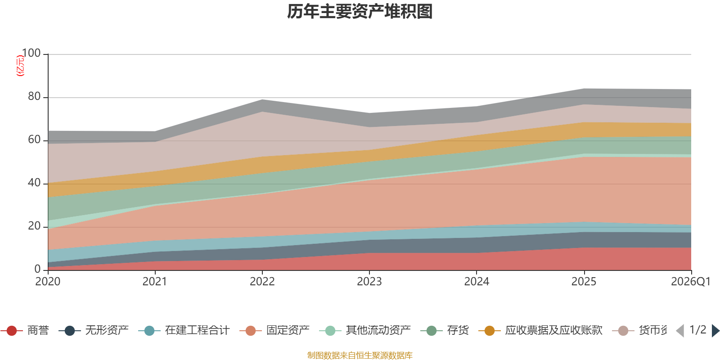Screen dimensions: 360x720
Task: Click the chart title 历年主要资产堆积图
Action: pos(360,12)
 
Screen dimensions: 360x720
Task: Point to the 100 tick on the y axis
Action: pos(31,53)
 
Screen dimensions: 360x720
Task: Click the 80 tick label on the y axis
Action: pos(34,96)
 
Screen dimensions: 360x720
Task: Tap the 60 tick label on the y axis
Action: pos(34,139)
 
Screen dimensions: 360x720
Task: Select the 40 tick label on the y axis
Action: pos(34,183)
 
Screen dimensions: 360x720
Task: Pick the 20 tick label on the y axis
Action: pos(34,226)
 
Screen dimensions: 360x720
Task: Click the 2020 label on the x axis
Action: pos(48,282)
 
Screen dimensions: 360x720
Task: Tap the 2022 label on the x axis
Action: pos(262,282)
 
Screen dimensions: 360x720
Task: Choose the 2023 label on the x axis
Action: pos(369,282)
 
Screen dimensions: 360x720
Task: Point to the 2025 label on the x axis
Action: pos(584,282)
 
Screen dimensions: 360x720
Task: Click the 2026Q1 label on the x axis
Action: pos(690,282)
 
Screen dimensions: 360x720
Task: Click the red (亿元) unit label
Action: pos(20,66)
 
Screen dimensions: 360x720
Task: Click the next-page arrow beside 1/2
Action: pos(715,331)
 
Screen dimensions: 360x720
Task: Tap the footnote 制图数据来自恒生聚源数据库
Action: pos(360,355)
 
